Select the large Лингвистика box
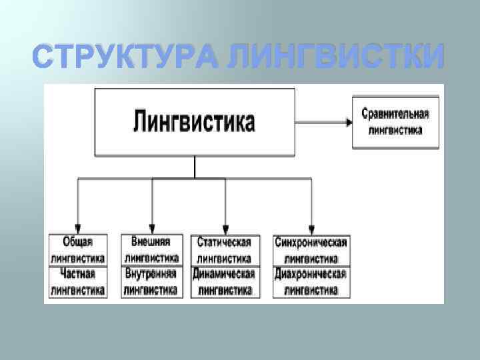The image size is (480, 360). point(195,122)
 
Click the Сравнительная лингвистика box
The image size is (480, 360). point(395,121)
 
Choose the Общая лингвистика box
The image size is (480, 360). point(78,249)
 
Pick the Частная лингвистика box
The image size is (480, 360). point(78,281)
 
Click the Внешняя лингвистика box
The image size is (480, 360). point(151,249)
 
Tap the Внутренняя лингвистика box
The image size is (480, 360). point(151,281)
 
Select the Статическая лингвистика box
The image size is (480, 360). point(224,250)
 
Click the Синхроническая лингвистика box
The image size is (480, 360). point(311,250)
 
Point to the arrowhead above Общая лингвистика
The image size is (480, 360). point(78,228)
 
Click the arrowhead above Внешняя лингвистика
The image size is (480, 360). point(152,228)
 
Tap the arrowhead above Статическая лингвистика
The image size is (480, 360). point(225,228)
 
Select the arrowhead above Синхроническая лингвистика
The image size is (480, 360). point(311,228)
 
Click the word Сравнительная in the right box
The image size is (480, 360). point(395,114)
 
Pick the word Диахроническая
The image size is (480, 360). point(311,274)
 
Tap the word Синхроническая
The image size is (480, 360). point(311,242)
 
